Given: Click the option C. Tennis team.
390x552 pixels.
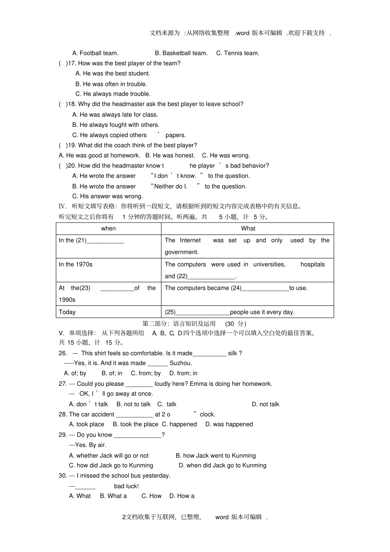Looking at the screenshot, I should coord(238,53).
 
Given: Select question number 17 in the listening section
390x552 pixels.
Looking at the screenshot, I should coord(72,63).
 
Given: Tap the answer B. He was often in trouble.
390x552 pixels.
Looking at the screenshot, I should coord(111,84).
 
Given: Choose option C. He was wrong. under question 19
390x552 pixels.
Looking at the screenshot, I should coord(226,156).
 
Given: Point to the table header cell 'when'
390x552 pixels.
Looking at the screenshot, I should coord(108,229).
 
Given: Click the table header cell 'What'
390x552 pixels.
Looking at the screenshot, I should coord(248,229).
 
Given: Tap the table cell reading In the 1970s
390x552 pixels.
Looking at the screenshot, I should coord(76,264).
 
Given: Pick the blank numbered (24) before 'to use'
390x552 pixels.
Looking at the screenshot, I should coord(265,289).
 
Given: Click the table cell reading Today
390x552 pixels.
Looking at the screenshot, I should coord(67,312).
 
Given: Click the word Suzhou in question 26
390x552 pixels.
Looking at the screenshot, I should coord(181,363).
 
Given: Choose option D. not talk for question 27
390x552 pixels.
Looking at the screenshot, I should coord(265,404).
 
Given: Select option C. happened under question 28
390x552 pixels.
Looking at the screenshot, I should coord(179,424).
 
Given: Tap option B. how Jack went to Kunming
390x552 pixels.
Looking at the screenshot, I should coord(216,456).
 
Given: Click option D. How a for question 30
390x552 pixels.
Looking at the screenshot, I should coord(182,496).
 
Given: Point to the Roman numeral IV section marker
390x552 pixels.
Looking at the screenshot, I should coord(62,206).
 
